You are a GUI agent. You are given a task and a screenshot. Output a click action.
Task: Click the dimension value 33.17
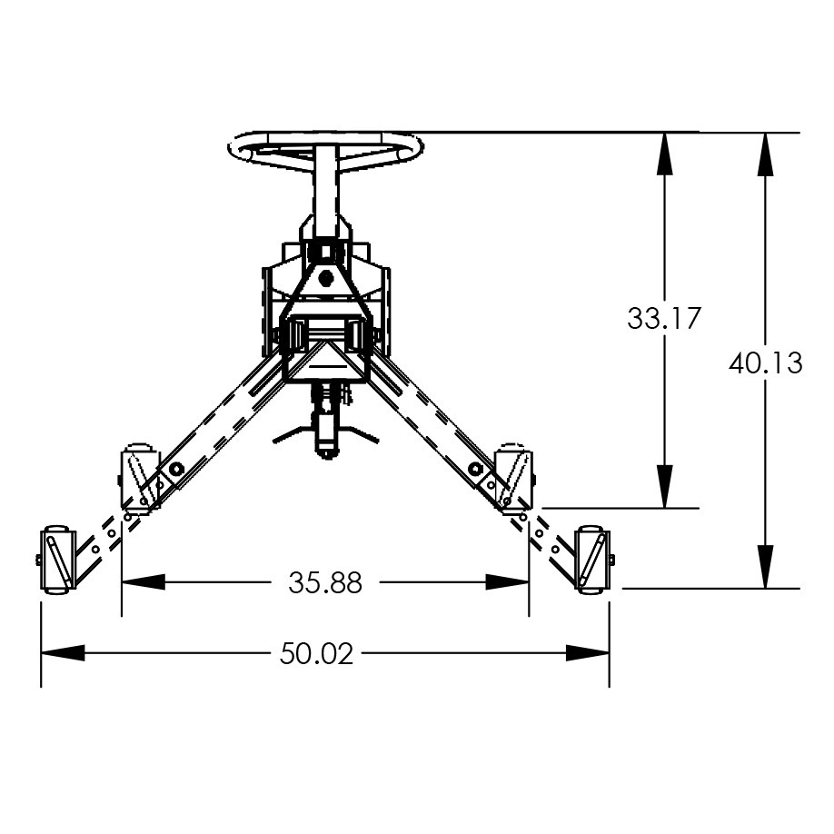click(664, 318)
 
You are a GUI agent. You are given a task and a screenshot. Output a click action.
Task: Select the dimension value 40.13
click(766, 363)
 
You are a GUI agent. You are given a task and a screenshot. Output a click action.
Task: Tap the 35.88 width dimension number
click(325, 582)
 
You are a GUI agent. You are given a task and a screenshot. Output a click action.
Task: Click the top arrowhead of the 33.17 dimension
click(665, 149)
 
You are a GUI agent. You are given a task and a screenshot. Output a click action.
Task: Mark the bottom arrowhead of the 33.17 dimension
click(665, 490)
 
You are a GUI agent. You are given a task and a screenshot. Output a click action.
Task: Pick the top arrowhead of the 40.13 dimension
click(767, 149)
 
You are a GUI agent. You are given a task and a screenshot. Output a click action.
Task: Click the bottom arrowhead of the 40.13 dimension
click(767, 571)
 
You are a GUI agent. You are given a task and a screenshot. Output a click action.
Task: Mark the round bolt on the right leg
click(474, 468)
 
